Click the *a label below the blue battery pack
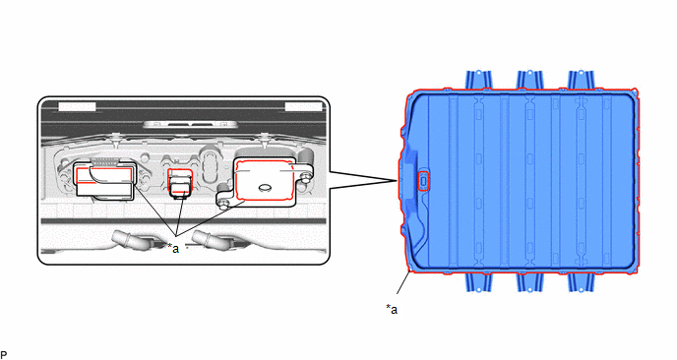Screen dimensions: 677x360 pos(392,310)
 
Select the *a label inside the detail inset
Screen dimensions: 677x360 pos(173,248)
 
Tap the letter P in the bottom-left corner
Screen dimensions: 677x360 pos(4,355)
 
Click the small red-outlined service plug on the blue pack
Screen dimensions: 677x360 pos(423,180)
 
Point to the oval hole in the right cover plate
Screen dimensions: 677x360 pos(264,187)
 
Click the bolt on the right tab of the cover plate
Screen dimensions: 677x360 pos(306,175)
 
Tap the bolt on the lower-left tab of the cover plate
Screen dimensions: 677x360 pos(222,205)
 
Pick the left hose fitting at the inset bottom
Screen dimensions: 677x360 pos(130,240)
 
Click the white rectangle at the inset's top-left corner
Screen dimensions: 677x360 pos(77,106)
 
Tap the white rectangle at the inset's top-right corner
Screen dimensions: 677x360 pos(304,106)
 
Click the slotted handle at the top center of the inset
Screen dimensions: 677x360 pos(190,125)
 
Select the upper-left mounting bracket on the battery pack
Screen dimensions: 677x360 pos(478,80)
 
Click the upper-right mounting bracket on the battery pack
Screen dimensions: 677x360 pos(581,80)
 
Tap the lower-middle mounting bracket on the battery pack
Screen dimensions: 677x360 pos(529,282)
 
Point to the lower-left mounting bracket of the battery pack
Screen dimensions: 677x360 pos(478,282)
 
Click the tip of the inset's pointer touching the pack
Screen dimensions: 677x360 pos(397,180)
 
